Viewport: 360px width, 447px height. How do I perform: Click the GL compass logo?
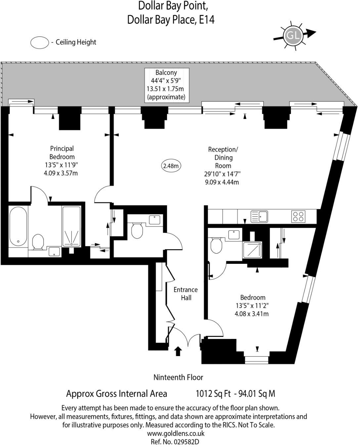click(293, 35)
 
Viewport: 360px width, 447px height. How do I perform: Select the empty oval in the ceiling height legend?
click(39, 43)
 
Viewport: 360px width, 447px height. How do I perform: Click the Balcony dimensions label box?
click(167, 85)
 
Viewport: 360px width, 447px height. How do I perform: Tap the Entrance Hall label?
click(186, 294)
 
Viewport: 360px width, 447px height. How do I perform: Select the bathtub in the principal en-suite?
click(18, 226)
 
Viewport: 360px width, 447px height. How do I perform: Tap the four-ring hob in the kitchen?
click(298, 217)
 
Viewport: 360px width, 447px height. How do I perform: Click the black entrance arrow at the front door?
click(178, 351)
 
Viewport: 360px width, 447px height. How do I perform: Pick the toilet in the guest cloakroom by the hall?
click(137, 230)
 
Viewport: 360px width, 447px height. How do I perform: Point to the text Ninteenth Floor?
click(178, 377)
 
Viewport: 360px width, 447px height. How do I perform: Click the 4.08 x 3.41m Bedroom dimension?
click(251, 314)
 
